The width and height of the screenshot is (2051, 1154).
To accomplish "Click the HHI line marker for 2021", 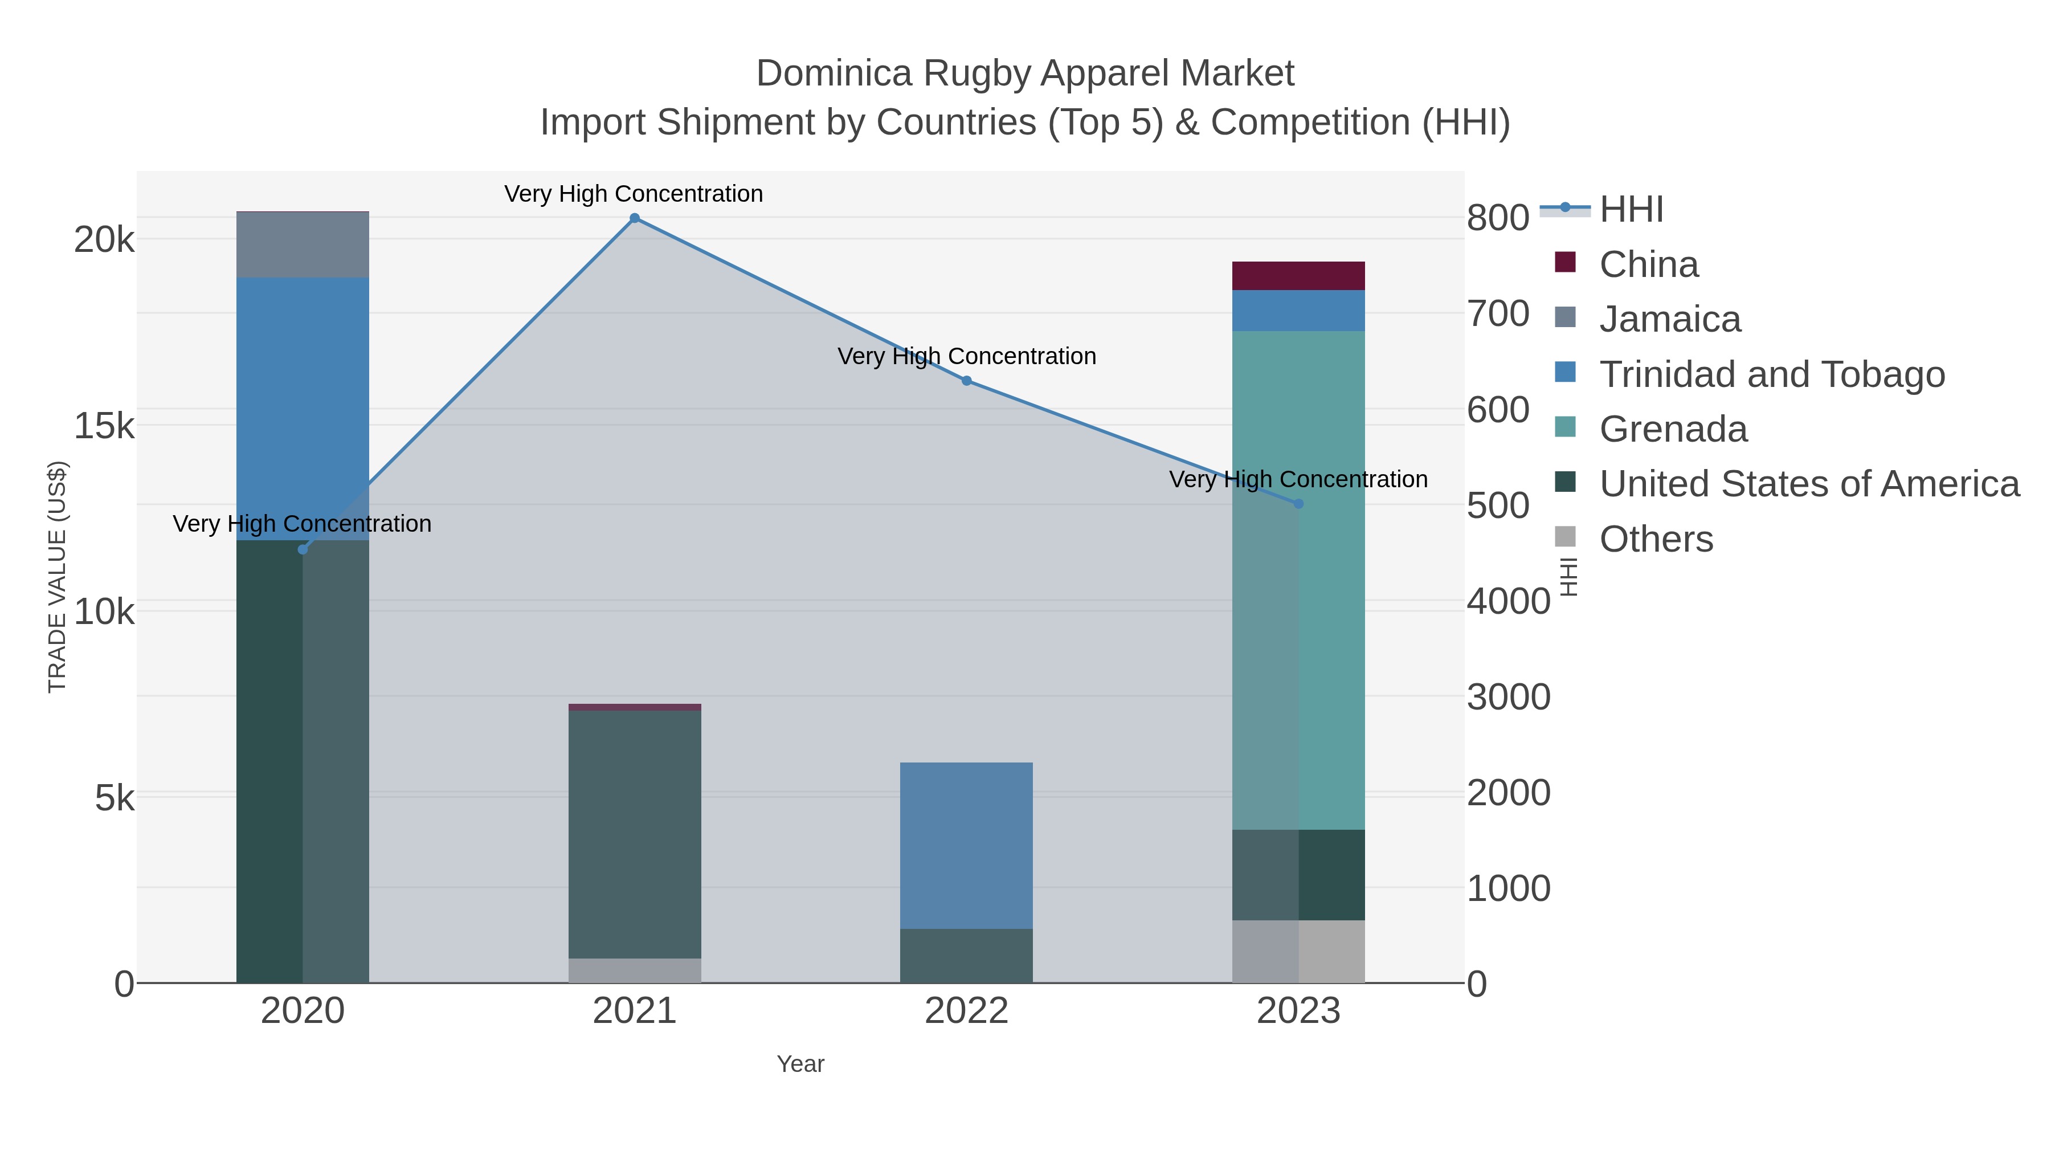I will click(635, 218).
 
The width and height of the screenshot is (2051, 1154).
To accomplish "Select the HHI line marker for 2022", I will click(967, 381).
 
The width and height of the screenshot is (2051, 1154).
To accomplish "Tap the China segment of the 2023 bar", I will click(1298, 276).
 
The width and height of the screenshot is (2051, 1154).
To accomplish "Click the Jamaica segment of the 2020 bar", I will click(303, 244).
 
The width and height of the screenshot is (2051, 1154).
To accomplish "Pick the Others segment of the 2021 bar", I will click(635, 970).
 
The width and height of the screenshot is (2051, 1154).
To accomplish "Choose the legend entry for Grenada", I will click(1672, 429).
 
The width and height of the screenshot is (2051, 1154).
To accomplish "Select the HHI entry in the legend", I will click(1631, 210).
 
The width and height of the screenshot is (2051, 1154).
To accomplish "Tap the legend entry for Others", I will click(1655, 539).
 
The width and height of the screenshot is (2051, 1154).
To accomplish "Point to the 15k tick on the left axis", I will click(104, 426).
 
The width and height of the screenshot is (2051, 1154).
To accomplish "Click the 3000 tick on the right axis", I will click(1508, 697).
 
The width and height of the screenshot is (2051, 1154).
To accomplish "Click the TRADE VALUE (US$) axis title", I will click(58, 577).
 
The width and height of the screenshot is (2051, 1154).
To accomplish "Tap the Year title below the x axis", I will click(800, 1064).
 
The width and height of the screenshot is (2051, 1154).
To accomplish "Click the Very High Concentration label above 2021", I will click(634, 194).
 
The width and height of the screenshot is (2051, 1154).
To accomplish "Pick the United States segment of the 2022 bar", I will click(967, 955).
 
